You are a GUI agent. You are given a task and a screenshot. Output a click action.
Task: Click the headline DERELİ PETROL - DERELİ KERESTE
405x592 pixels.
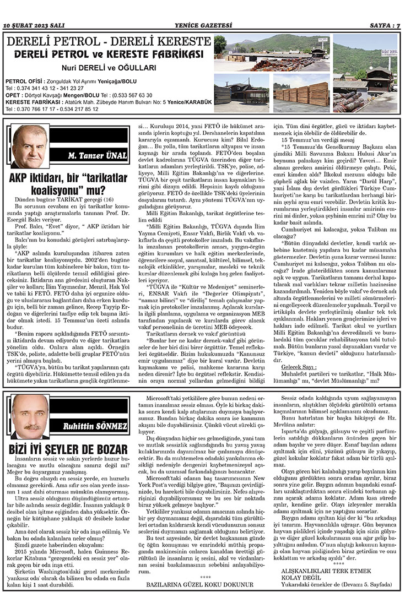pyautogui.click(x=108, y=42)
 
